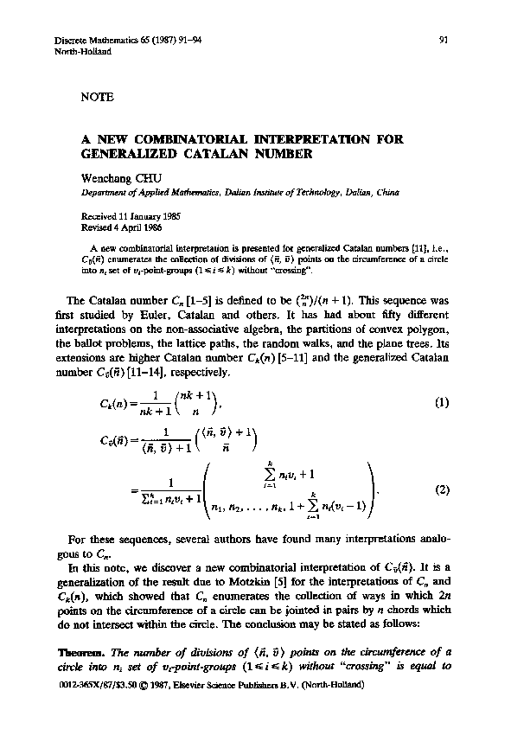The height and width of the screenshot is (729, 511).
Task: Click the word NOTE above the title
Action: click(97, 98)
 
